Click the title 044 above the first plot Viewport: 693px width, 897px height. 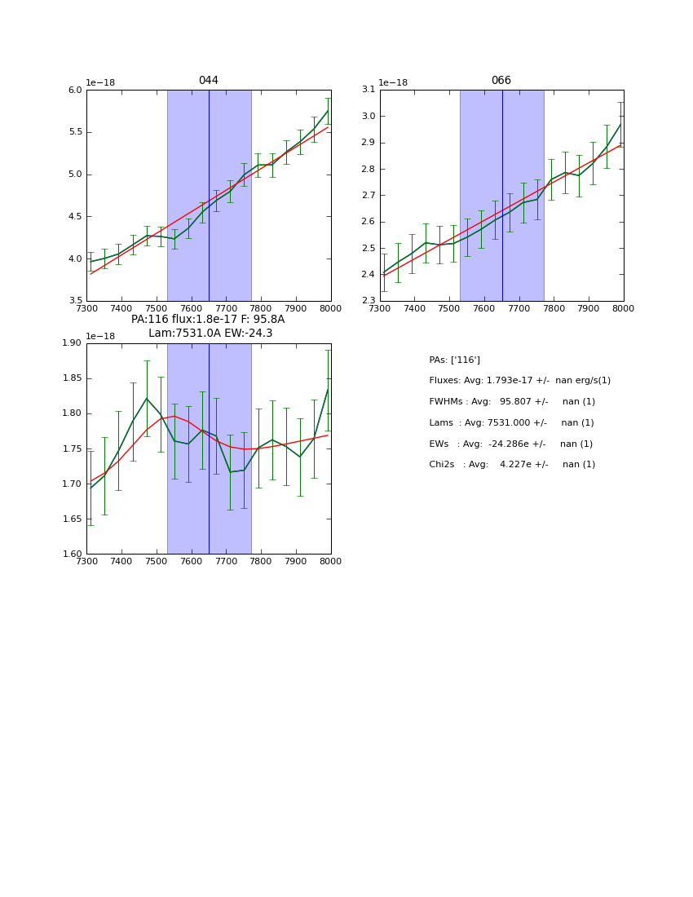pos(208,81)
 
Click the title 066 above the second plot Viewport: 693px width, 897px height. pos(501,81)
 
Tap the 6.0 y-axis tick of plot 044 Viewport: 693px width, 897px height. pos(75,90)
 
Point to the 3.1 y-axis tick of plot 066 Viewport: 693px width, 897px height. pos(369,90)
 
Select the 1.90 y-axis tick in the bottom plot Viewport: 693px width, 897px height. pos(72,343)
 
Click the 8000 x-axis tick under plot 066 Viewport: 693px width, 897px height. pos(623,308)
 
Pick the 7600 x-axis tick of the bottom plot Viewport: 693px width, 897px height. pos(191,561)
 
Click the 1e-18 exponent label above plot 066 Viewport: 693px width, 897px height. pos(393,83)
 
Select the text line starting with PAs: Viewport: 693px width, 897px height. pos(454,360)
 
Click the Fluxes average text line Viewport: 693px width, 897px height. pos(519,381)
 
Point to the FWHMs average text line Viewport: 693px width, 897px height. pos(512,402)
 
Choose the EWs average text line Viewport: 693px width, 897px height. pos(510,444)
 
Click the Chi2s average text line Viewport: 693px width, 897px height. pos(512,465)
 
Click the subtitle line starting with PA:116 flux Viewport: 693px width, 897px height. pos(208,320)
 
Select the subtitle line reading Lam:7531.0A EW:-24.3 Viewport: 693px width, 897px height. pos(210,334)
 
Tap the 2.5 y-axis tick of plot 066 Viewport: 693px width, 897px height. pos(369,248)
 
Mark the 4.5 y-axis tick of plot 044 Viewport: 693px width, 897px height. pos(75,216)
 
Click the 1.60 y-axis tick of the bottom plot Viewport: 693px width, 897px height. pos(72,554)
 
